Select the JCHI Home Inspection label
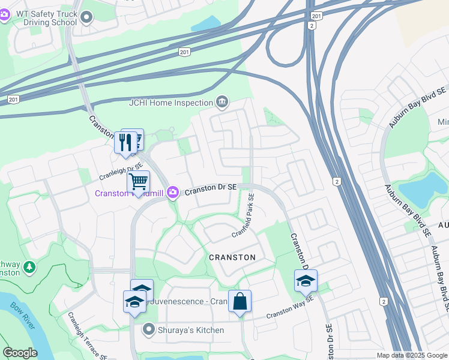click(171, 103)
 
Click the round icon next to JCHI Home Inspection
click(223, 101)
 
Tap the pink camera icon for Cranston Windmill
click(173, 192)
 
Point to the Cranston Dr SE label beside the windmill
click(212, 190)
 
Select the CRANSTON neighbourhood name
click(232, 257)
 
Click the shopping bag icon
click(240, 302)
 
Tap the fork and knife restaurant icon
click(125, 142)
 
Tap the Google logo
click(20, 353)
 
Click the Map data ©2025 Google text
click(411, 355)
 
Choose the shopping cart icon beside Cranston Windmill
click(138, 181)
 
